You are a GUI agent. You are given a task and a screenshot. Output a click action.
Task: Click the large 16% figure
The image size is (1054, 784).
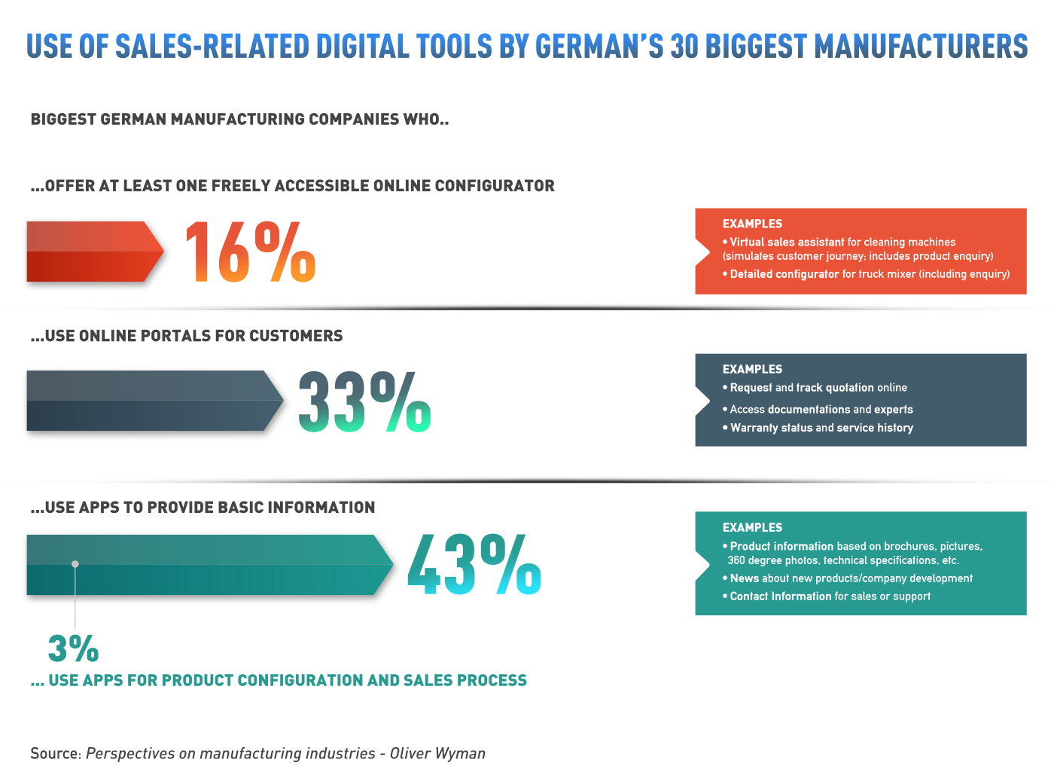pyautogui.click(x=249, y=252)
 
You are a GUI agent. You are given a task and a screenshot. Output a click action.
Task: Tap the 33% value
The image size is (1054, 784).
pyautogui.click(x=364, y=402)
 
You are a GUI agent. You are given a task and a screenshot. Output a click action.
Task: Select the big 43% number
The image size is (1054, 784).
pyautogui.click(x=474, y=565)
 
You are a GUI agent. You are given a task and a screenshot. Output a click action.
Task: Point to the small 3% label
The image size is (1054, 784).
pyautogui.click(x=73, y=648)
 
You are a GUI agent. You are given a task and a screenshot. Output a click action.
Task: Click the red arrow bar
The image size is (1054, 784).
pyautogui.click(x=94, y=252)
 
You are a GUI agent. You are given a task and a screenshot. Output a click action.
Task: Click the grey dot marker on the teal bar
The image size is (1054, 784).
pyautogui.click(x=75, y=563)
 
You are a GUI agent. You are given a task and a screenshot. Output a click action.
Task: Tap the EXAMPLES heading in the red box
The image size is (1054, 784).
pyautogui.click(x=752, y=224)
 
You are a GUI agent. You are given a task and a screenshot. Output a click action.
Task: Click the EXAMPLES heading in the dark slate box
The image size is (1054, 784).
pyautogui.click(x=752, y=369)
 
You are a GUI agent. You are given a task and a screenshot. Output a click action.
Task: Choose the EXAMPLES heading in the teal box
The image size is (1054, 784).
pyautogui.click(x=752, y=527)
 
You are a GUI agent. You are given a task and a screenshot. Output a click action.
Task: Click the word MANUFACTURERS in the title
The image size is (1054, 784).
pyautogui.click(x=921, y=47)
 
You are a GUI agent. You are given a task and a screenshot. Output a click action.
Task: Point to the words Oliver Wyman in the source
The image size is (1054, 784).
pyautogui.click(x=437, y=753)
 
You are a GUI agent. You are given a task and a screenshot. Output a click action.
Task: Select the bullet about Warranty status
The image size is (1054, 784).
pyautogui.click(x=821, y=428)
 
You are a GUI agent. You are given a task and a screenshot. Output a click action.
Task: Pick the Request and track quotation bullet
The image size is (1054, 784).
pyautogui.click(x=818, y=388)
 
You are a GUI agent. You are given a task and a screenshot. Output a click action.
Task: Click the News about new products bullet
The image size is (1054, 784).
pyautogui.click(x=851, y=578)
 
